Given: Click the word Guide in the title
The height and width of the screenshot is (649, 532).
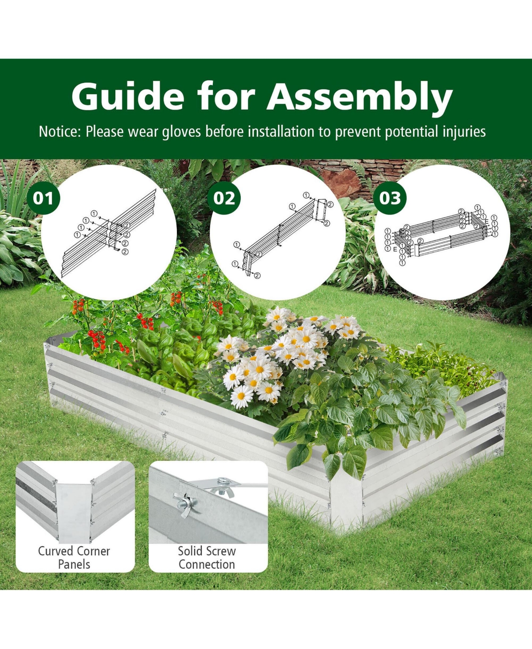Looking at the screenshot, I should click(127, 96).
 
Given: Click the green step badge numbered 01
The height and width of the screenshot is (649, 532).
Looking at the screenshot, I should click(43, 198).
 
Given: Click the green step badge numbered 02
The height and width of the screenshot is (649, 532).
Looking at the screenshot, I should click(224, 198).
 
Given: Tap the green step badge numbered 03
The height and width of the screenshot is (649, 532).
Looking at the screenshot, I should click(390, 198).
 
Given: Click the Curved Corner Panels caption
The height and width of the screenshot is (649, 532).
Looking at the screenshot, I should click(74, 557).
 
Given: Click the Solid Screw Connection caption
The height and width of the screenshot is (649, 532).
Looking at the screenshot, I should click(207, 557).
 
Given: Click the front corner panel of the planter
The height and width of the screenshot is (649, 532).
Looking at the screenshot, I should click(346, 500).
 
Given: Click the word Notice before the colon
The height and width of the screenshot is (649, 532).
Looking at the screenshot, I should click(59, 132).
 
